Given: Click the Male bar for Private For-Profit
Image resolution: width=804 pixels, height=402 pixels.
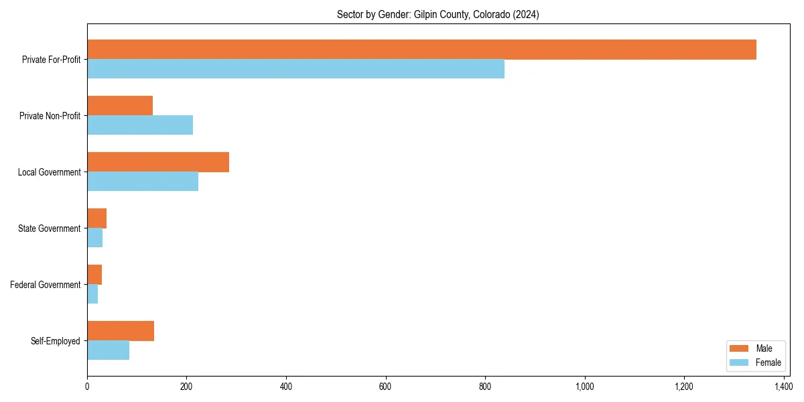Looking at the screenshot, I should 421,50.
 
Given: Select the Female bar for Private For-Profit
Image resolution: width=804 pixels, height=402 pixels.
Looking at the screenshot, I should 295,69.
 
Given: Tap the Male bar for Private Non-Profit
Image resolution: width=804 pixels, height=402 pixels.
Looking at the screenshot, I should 120,106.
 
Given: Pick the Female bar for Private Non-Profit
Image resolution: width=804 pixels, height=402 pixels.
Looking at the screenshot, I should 140,125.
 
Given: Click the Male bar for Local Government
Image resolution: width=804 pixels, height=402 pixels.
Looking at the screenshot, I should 158,162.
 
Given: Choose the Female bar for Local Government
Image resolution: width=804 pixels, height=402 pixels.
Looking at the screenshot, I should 143,182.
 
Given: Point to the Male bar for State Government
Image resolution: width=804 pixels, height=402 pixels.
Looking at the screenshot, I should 97,218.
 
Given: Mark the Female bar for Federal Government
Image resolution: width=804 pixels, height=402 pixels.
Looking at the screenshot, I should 92,294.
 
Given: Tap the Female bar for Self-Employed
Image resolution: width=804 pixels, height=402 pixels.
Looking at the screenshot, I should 108,350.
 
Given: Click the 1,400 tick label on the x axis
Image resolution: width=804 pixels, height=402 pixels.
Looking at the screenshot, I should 783,387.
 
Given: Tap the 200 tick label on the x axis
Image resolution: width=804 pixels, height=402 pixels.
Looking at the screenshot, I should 186,387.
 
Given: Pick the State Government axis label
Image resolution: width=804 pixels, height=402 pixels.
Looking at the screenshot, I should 50,228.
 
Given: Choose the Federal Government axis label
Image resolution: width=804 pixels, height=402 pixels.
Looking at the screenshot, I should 46,285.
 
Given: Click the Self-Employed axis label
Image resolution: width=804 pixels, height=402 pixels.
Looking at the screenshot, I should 56,341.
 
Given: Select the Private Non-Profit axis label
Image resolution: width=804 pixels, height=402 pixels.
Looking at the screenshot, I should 50,116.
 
